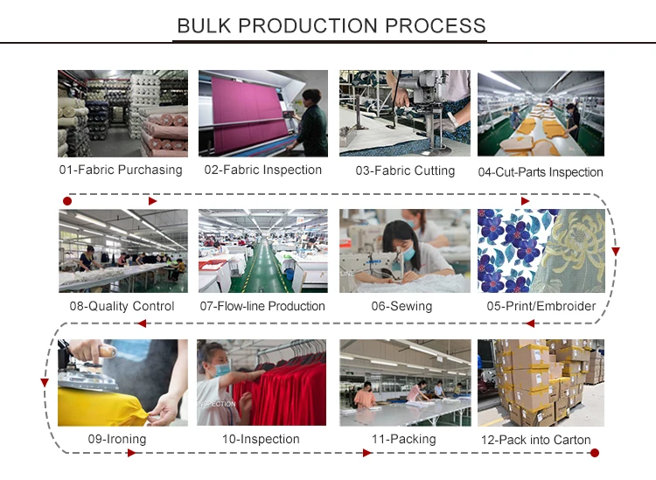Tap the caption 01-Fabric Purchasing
121,170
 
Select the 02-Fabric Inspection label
262,170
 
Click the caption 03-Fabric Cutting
405,170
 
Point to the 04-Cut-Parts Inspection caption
541,172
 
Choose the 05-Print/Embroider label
541,306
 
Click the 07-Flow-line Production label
262,306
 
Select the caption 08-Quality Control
122,306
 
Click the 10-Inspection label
262,439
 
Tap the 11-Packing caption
403,439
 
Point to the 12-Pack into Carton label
536,440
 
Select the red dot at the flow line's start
67,201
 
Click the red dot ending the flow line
595,453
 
